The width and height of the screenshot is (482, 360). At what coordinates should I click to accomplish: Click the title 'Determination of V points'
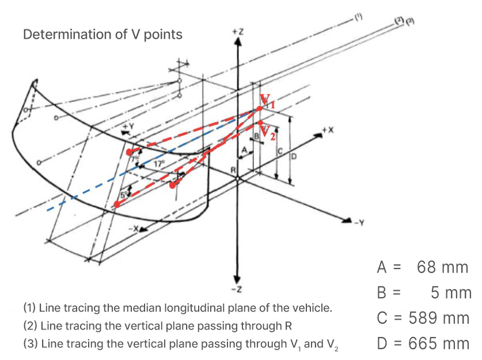click(103, 35)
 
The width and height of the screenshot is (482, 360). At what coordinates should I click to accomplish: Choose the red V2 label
click(266, 131)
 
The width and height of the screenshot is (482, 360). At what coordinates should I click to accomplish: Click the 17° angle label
click(158, 164)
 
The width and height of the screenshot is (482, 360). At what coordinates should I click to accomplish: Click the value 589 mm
click(439, 318)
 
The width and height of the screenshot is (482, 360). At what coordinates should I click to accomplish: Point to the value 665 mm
click(439, 344)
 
